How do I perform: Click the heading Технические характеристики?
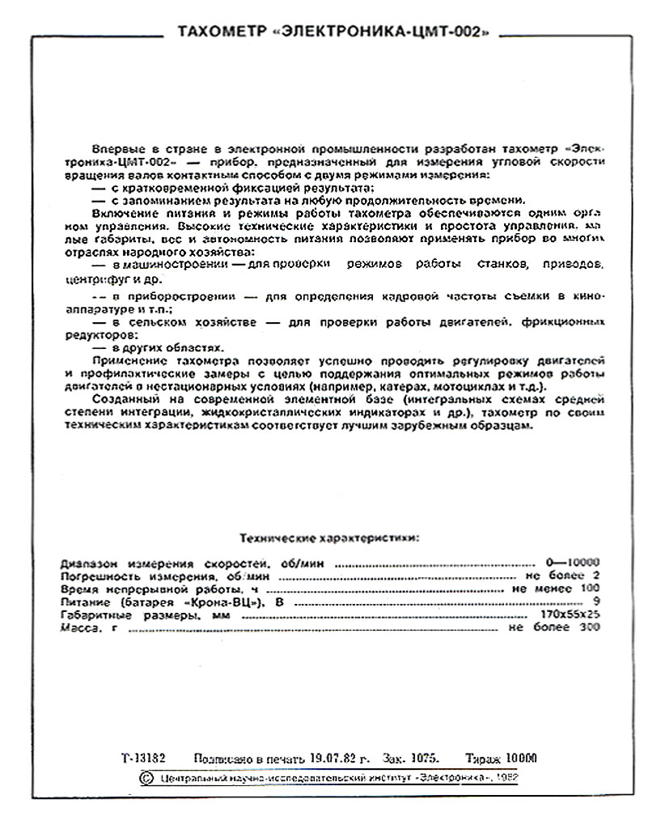click(x=330, y=538)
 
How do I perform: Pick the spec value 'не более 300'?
click(x=554, y=628)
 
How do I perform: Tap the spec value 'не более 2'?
click(x=566, y=576)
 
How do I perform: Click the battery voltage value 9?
click(x=596, y=602)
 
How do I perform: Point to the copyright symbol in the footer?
click(x=146, y=778)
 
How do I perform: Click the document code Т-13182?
click(x=143, y=759)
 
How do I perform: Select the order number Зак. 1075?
click(x=413, y=759)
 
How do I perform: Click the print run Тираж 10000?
click(x=501, y=759)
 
